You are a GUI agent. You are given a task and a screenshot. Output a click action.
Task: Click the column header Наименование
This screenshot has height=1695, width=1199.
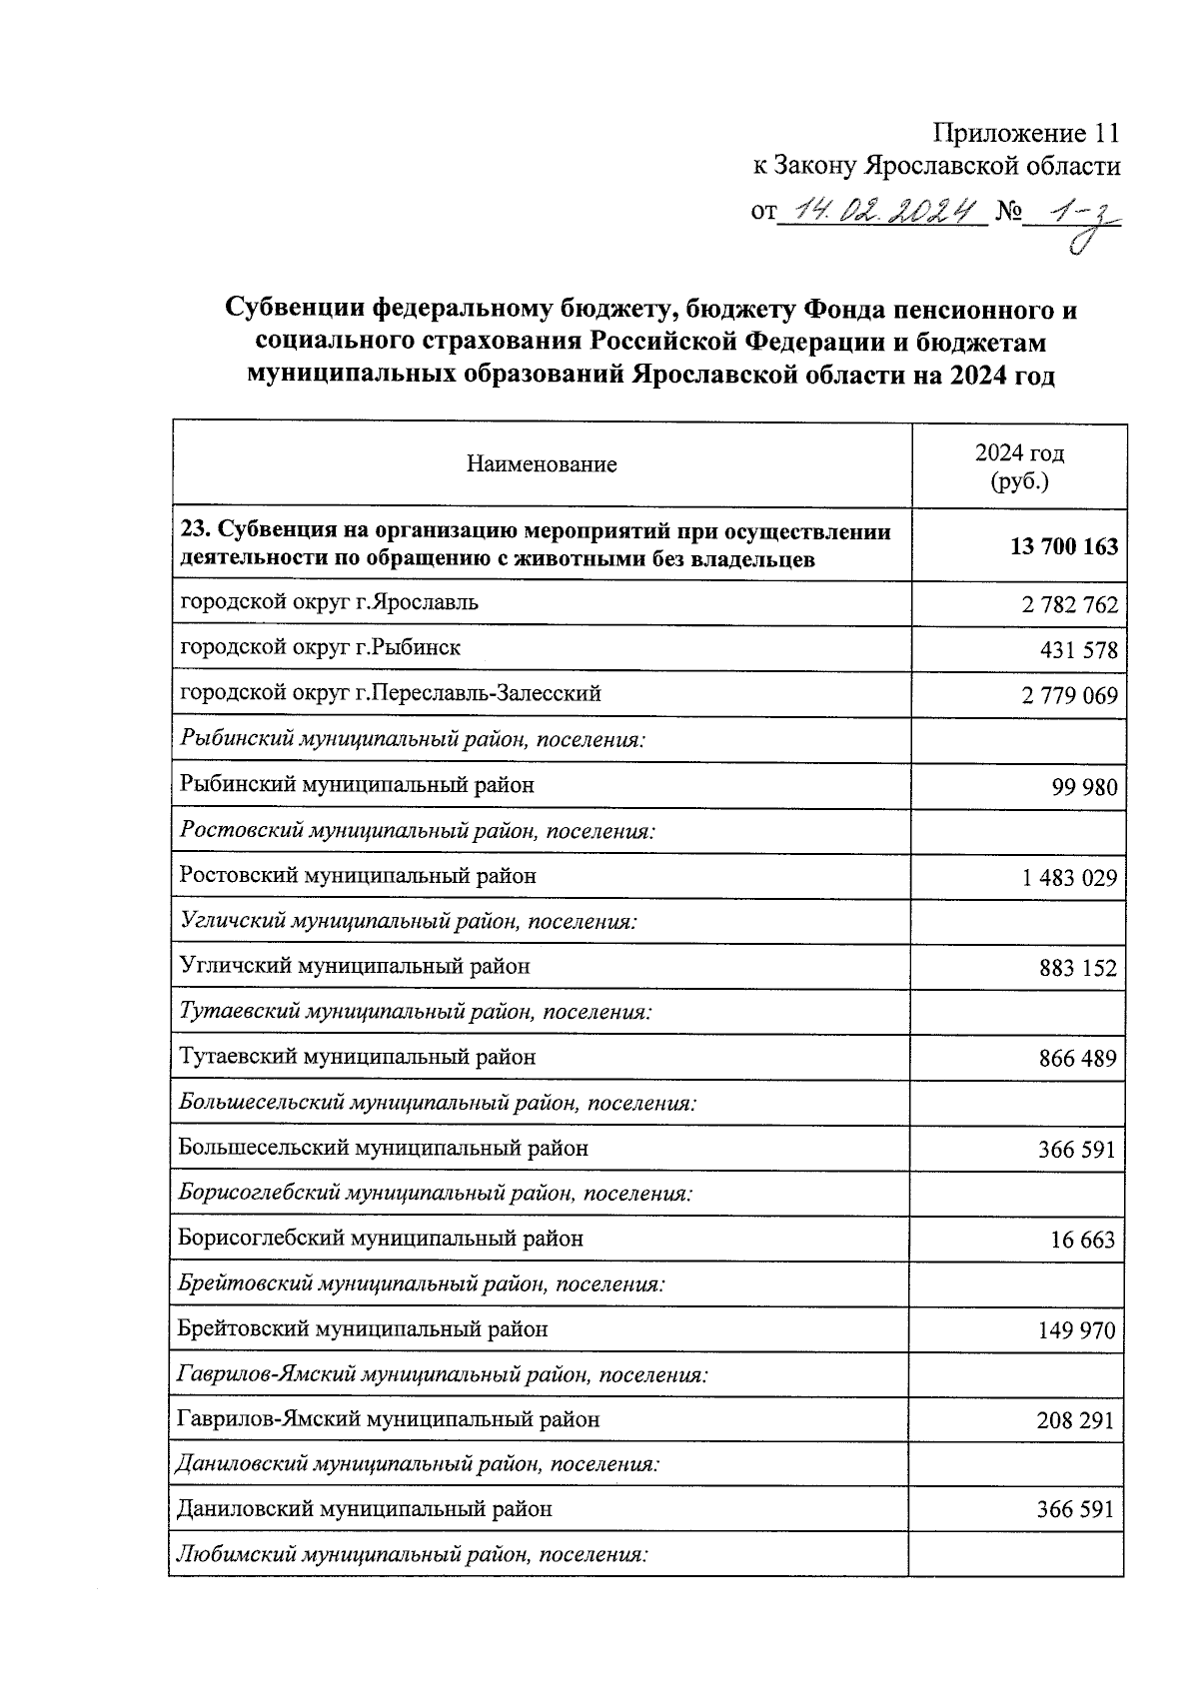click(x=541, y=464)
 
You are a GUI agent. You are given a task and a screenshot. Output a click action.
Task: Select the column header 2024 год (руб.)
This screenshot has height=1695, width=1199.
click(x=1019, y=466)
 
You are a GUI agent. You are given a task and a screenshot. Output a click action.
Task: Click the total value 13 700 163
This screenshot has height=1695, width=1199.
click(x=1064, y=547)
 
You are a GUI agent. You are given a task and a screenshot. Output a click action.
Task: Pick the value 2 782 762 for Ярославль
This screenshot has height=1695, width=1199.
click(x=1068, y=605)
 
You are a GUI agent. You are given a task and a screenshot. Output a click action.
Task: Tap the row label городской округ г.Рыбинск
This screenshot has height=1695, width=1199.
click(x=320, y=647)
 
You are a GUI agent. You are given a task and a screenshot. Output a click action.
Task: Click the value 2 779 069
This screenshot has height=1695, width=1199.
click(x=1068, y=696)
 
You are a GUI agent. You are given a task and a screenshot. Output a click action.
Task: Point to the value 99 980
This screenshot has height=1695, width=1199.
click(x=1084, y=787)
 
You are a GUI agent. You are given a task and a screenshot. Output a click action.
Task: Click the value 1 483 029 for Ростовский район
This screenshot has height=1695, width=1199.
click(x=1068, y=878)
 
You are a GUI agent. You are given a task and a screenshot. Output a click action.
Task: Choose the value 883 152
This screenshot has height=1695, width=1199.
click(x=1078, y=968)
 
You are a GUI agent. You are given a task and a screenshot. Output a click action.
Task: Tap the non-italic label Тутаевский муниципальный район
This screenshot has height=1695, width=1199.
click(x=357, y=1057)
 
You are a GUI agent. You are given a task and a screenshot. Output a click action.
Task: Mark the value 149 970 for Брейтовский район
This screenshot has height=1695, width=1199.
click(x=1077, y=1331)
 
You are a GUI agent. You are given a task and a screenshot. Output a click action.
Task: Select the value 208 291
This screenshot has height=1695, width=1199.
click(x=1075, y=1421)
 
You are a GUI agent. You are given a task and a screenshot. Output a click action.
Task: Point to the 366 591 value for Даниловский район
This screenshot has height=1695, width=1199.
click(x=1076, y=1511)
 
